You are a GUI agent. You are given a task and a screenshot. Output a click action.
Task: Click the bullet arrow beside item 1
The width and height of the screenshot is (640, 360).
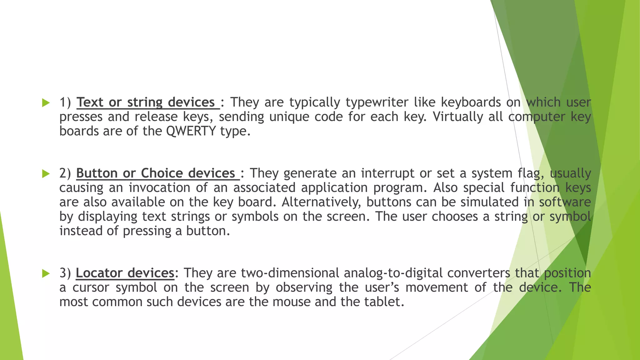click(x=46, y=103)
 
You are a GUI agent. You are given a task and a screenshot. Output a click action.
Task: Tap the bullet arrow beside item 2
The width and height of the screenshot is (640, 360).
click(x=46, y=174)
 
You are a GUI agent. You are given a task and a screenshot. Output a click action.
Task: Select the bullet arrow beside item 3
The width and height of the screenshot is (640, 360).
click(x=46, y=274)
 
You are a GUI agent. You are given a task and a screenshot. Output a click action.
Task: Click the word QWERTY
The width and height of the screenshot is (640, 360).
click(x=191, y=131)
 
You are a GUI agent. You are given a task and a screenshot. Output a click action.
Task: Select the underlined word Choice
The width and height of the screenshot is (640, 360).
click(x=162, y=173)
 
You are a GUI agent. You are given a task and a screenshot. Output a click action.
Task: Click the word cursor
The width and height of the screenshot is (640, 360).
click(x=91, y=287)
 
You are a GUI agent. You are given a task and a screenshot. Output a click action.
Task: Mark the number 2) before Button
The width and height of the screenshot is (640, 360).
click(x=65, y=173)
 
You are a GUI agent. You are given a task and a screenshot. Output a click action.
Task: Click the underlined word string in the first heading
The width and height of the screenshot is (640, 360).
click(x=145, y=102)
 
